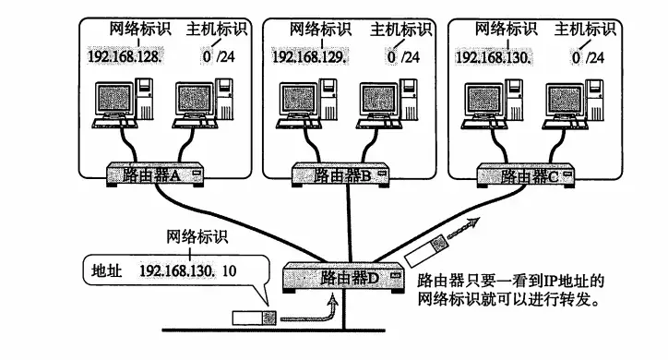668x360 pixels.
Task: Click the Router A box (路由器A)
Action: coord(154,173)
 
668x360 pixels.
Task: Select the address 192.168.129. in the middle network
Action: coord(310,58)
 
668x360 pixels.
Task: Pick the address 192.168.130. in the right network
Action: coord(494,58)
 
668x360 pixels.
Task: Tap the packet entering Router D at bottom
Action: coord(256,318)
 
